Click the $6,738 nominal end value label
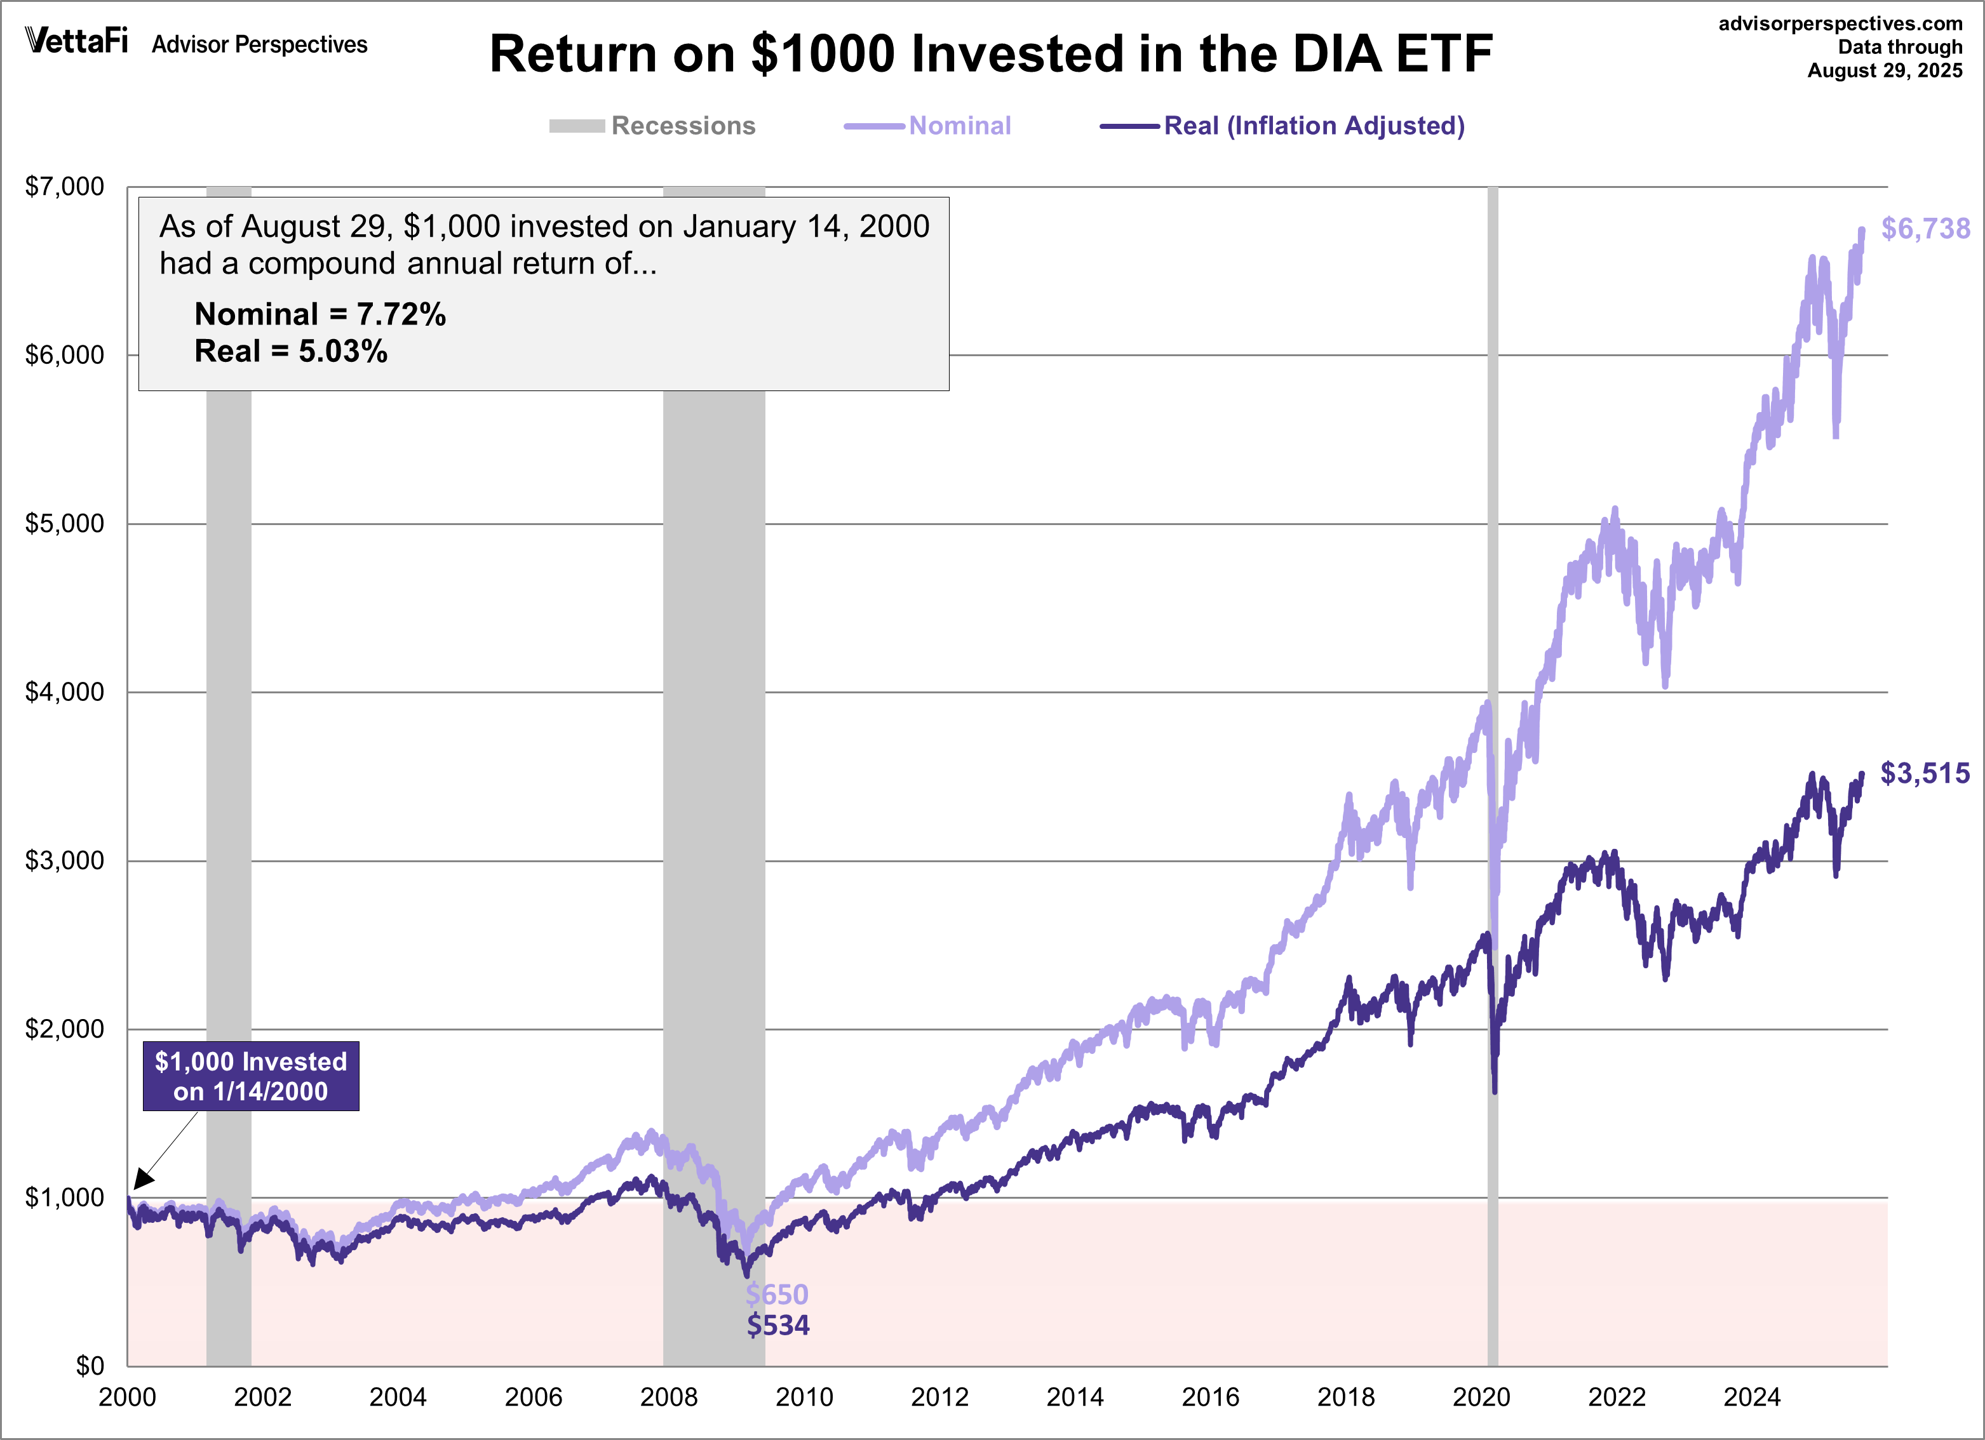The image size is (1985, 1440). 1925,229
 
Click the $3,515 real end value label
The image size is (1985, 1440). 1925,773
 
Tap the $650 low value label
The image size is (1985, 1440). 776,1294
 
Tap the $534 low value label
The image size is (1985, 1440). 778,1325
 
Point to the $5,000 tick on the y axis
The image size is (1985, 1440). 65,523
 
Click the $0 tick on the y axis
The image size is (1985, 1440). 90,1366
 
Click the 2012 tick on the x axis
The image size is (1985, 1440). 939,1397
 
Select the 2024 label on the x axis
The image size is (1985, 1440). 1751,1397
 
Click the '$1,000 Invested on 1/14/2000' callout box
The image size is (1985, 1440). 250,1076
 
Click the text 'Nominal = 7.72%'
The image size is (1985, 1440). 320,314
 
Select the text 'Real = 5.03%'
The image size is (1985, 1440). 290,352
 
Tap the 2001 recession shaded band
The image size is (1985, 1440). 229,700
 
